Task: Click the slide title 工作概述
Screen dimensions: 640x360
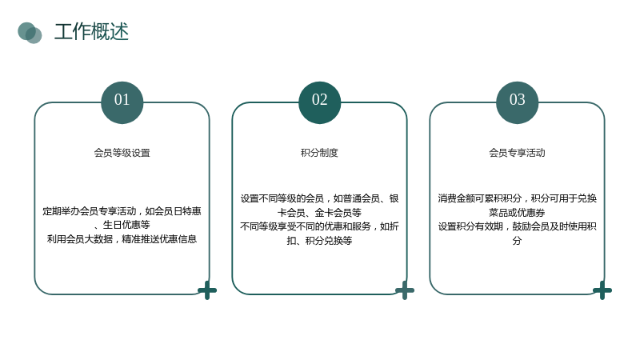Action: tap(91, 32)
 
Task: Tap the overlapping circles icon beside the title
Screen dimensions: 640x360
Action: tap(30, 33)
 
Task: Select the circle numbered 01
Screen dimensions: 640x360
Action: tap(122, 102)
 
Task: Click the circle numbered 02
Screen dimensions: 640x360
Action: tap(319, 102)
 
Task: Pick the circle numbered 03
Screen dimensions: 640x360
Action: tap(517, 102)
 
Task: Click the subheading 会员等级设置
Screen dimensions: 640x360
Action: tap(122, 153)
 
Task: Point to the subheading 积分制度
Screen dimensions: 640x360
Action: tap(319, 153)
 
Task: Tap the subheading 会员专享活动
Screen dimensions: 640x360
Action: tap(517, 153)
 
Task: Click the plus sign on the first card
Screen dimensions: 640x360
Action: tap(207, 290)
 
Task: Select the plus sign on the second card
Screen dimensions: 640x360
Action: tap(405, 290)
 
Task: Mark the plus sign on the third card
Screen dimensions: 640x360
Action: tap(602, 290)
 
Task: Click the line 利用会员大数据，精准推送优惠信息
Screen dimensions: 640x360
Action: tap(122, 239)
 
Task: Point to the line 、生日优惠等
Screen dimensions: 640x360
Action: tap(122, 225)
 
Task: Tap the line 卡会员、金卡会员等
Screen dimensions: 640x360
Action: tap(319, 213)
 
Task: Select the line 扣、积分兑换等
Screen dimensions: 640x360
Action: tap(319, 241)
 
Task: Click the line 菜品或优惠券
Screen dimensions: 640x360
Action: tap(517, 213)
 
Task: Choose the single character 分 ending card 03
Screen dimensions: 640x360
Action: tap(517, 241)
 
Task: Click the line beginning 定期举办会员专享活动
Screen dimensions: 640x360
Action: tap(122, 211)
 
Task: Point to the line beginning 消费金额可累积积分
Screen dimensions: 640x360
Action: tap(517, 198)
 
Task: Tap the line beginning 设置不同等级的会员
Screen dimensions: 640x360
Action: tap(319, 198)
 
